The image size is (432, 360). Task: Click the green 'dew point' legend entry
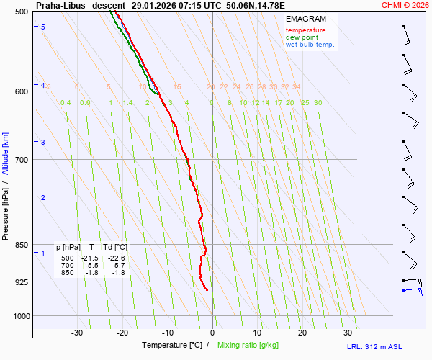pyautogui.click(x=302, y=37)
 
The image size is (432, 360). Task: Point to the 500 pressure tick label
pyautogui.click(x=21, y=12)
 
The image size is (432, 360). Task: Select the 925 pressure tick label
pyautogui.click(x=21, y=282)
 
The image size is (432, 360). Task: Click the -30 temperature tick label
pyautogui.click(x=77, y=333)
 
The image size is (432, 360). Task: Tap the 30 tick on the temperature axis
pyautogui.click(x=348, y=333)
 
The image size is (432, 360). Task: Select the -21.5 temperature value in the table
pyautogui.click(x=90, y=258)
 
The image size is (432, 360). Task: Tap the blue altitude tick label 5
pyautogui.click(x=43, y=27)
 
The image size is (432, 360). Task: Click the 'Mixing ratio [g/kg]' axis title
pyautogui.click(x=250, y=346)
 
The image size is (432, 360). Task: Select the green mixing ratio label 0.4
pyautogui.click(x=66, y=103)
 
